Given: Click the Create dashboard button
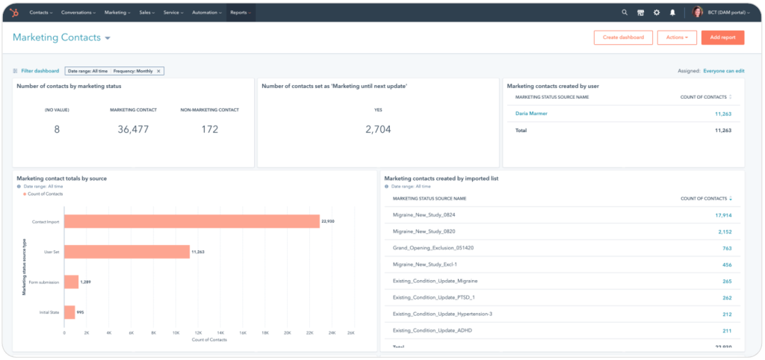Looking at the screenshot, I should click(x=623, y=37).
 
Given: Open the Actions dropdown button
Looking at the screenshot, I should click(x=677, y=37).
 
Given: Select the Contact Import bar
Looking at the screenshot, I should click(x=192, y=222).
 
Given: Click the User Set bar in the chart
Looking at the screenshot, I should click(x=127, y=252).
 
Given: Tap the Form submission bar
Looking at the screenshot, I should click(x=71, y=282).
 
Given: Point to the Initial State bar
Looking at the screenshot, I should click(x=69, y=312).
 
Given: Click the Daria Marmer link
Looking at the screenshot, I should click(x=531, y=114).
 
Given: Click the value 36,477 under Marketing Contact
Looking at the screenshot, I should click(x=133, y=129).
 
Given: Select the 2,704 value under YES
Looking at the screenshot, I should click(x=378, y=129).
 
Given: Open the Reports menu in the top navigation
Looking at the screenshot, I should click(x=240, y=13).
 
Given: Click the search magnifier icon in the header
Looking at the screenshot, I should click(x=625, y=13).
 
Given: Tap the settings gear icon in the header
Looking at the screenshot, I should click(x=657, y=13).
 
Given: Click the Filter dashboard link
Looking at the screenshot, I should click(x=40, y=71).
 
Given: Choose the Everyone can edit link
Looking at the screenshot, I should click(x=723, y=71).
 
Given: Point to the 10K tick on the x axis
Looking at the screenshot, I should click(x=176, y=332).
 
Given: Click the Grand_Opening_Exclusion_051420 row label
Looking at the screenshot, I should click(x=434, y=248).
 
